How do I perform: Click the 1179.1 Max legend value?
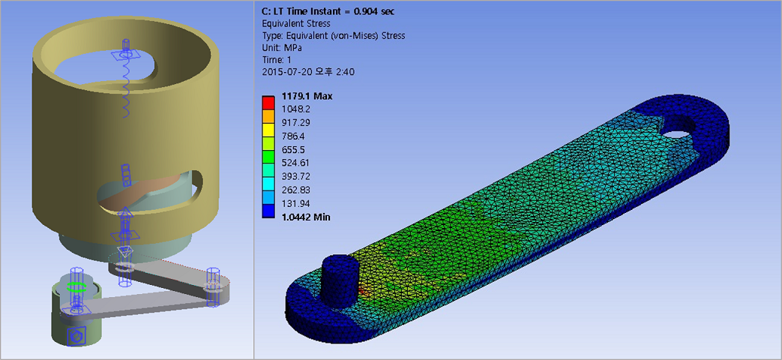coord(307,97)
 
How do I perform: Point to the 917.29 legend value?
coord(296,123)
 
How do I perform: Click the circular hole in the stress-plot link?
coord(678,134)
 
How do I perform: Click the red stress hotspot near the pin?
coord(363,289)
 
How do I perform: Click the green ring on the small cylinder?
coord(75,286)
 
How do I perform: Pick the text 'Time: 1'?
coord(278,60)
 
